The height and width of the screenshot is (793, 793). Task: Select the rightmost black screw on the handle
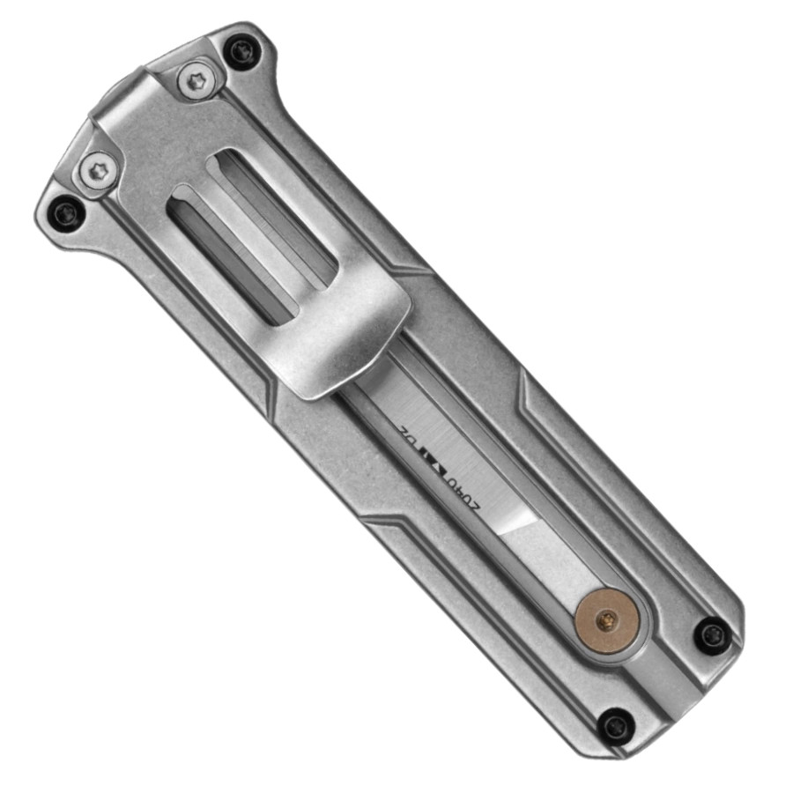pyautogui.click(x=711, y=634)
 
